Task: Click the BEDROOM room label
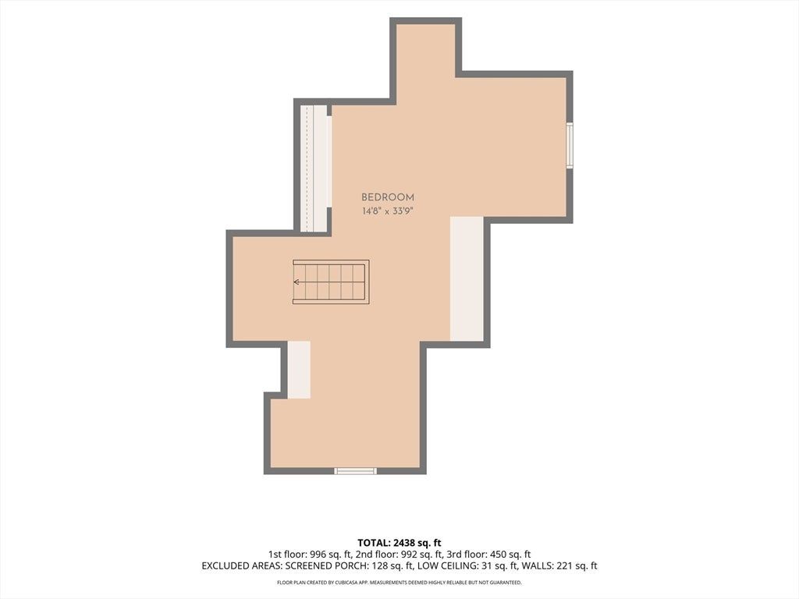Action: pos(388,197)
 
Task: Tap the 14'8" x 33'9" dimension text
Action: pos(387,211)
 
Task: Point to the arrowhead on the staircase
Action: pos(296,282)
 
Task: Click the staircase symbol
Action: pos(331,282)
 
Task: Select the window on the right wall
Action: pos(570,144)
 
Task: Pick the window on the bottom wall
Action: pos(356,471)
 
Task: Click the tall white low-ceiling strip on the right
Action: pos(467,278)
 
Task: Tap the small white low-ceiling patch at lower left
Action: pos(299,370)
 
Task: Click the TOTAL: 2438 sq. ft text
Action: pos(399,543)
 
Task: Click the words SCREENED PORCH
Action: pos(321,566)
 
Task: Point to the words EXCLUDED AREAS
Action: pos(242,566)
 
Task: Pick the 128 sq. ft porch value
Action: pos(382,566)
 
